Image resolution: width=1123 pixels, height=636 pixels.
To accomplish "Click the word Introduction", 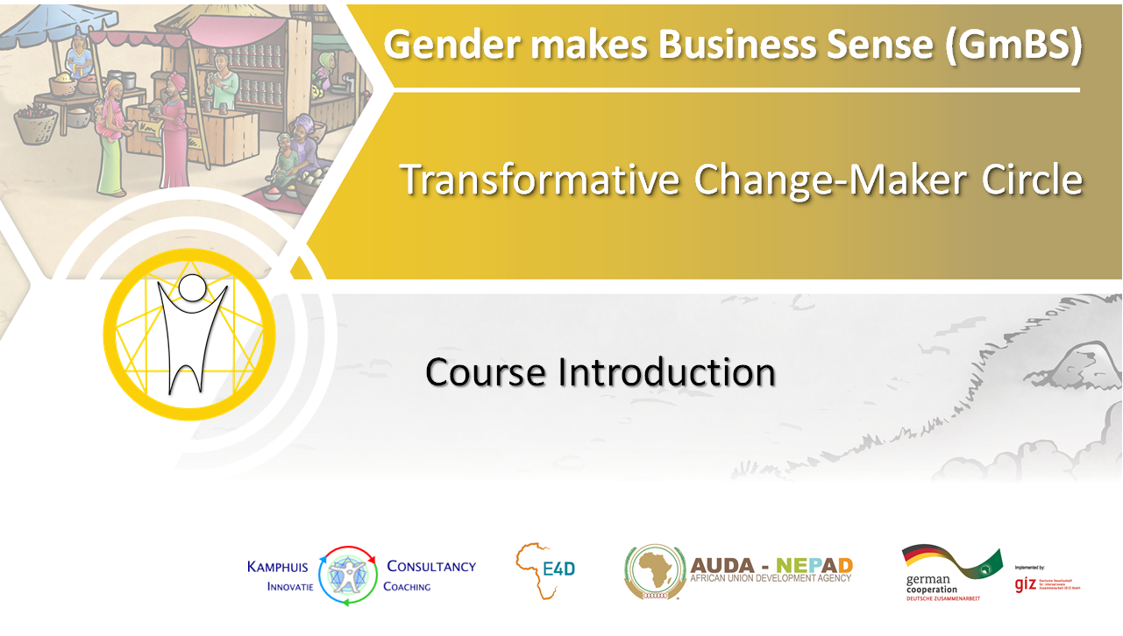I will [x=666, y=372].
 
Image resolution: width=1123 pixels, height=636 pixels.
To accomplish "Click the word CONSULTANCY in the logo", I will [x=431, y=567].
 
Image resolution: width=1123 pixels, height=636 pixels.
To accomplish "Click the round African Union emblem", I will [x=654, y=572].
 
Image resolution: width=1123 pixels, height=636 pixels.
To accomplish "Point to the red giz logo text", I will [x=1026, y=583].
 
